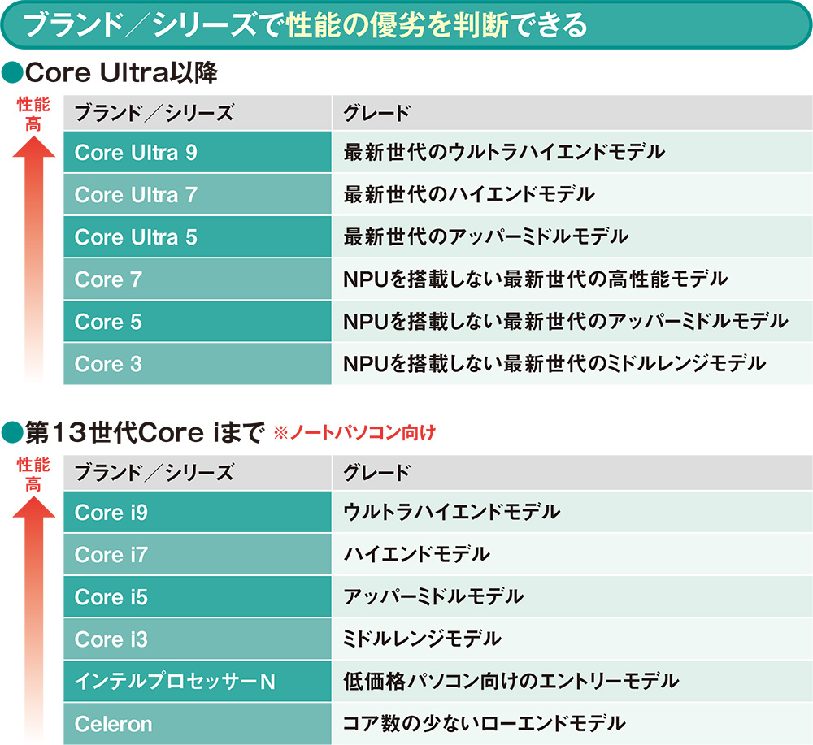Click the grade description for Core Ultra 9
click(504, 152)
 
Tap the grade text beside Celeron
click(485, 723)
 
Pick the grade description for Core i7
click(417, 555)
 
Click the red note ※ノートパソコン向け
click(353, 433)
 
